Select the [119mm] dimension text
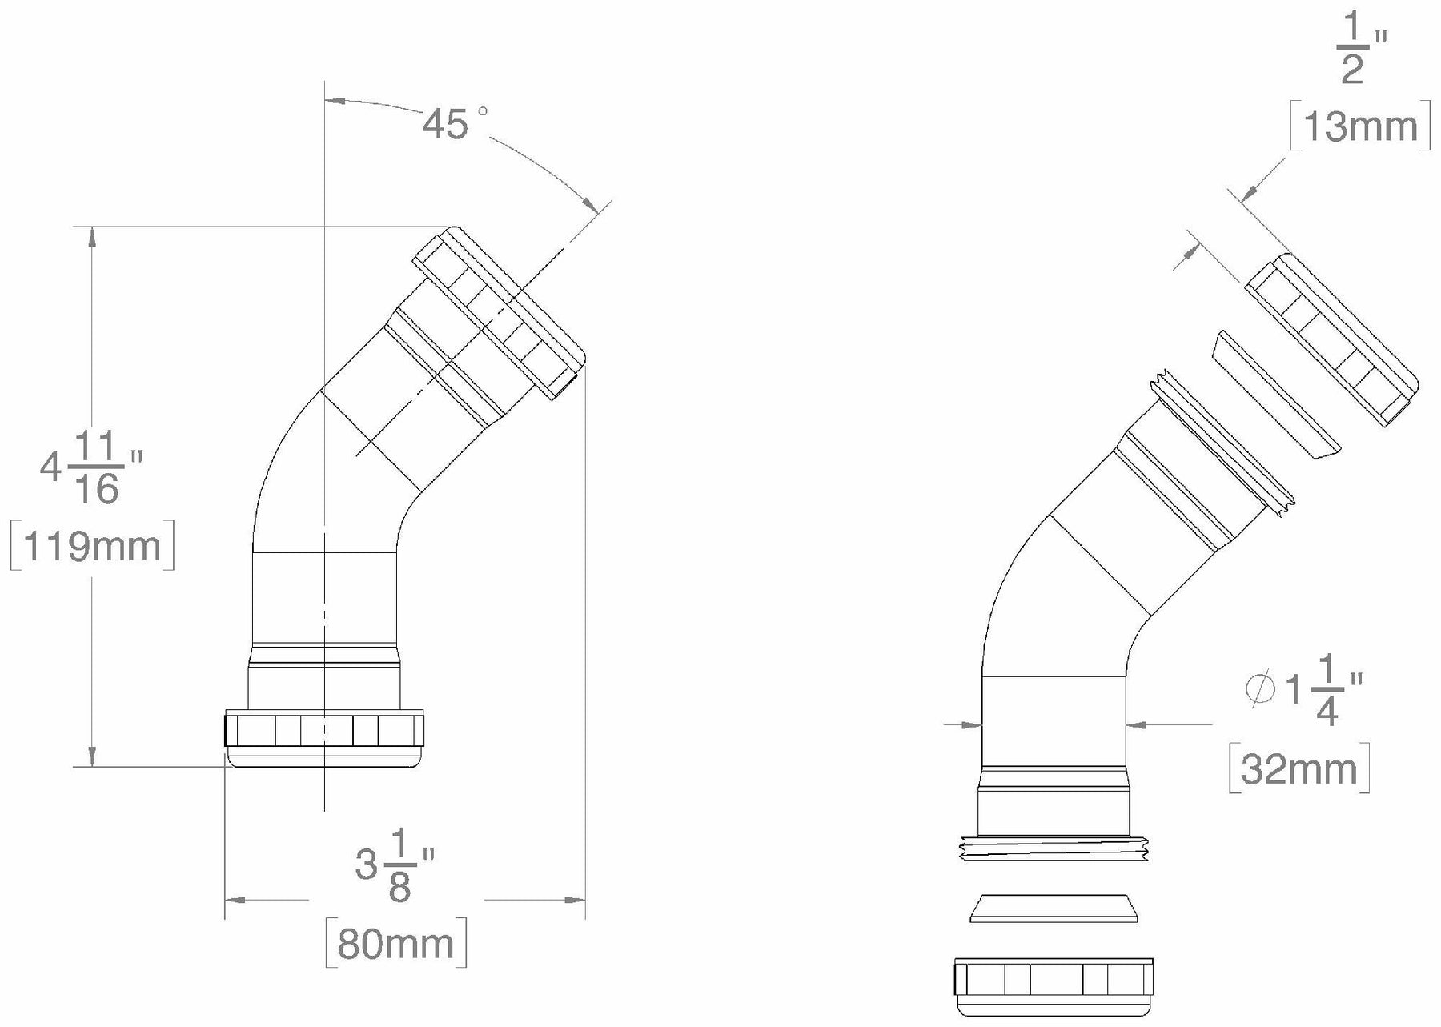point(92,547)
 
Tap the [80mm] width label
point(396,944)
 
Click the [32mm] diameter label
point(1299,769)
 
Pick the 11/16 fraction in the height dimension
point(98,468)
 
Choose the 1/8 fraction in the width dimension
point(400,867)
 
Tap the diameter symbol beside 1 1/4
point(1261,689)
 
